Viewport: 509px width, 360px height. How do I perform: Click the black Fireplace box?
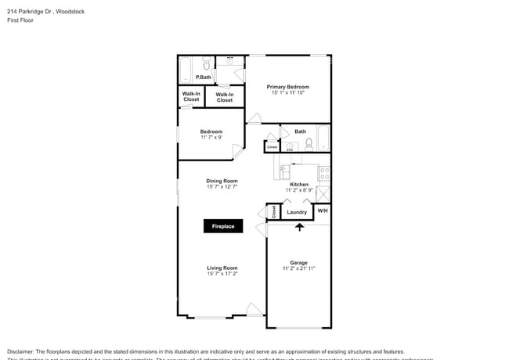coord(224,226)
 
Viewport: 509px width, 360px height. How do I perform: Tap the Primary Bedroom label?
coord(287,87)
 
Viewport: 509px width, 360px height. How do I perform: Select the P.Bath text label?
coord(204,77)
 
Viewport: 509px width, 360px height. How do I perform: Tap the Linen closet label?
coord(272,146)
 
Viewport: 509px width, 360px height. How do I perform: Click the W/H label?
coord(322,211)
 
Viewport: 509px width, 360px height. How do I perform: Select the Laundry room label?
coord(297,212)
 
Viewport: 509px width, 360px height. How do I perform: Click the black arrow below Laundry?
coord(298,227)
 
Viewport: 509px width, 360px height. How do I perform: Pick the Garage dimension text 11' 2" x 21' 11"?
coord(298,268)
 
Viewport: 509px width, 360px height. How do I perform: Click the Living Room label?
coord(222,268)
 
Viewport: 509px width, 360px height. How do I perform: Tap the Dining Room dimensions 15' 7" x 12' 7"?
coord(222,186)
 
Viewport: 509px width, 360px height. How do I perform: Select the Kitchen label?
coord(298,184)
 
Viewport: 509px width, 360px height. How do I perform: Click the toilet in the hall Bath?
coord(309,144)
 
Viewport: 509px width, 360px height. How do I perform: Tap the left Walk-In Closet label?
coord(191,97)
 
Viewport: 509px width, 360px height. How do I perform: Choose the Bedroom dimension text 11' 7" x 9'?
coord(211,137)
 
